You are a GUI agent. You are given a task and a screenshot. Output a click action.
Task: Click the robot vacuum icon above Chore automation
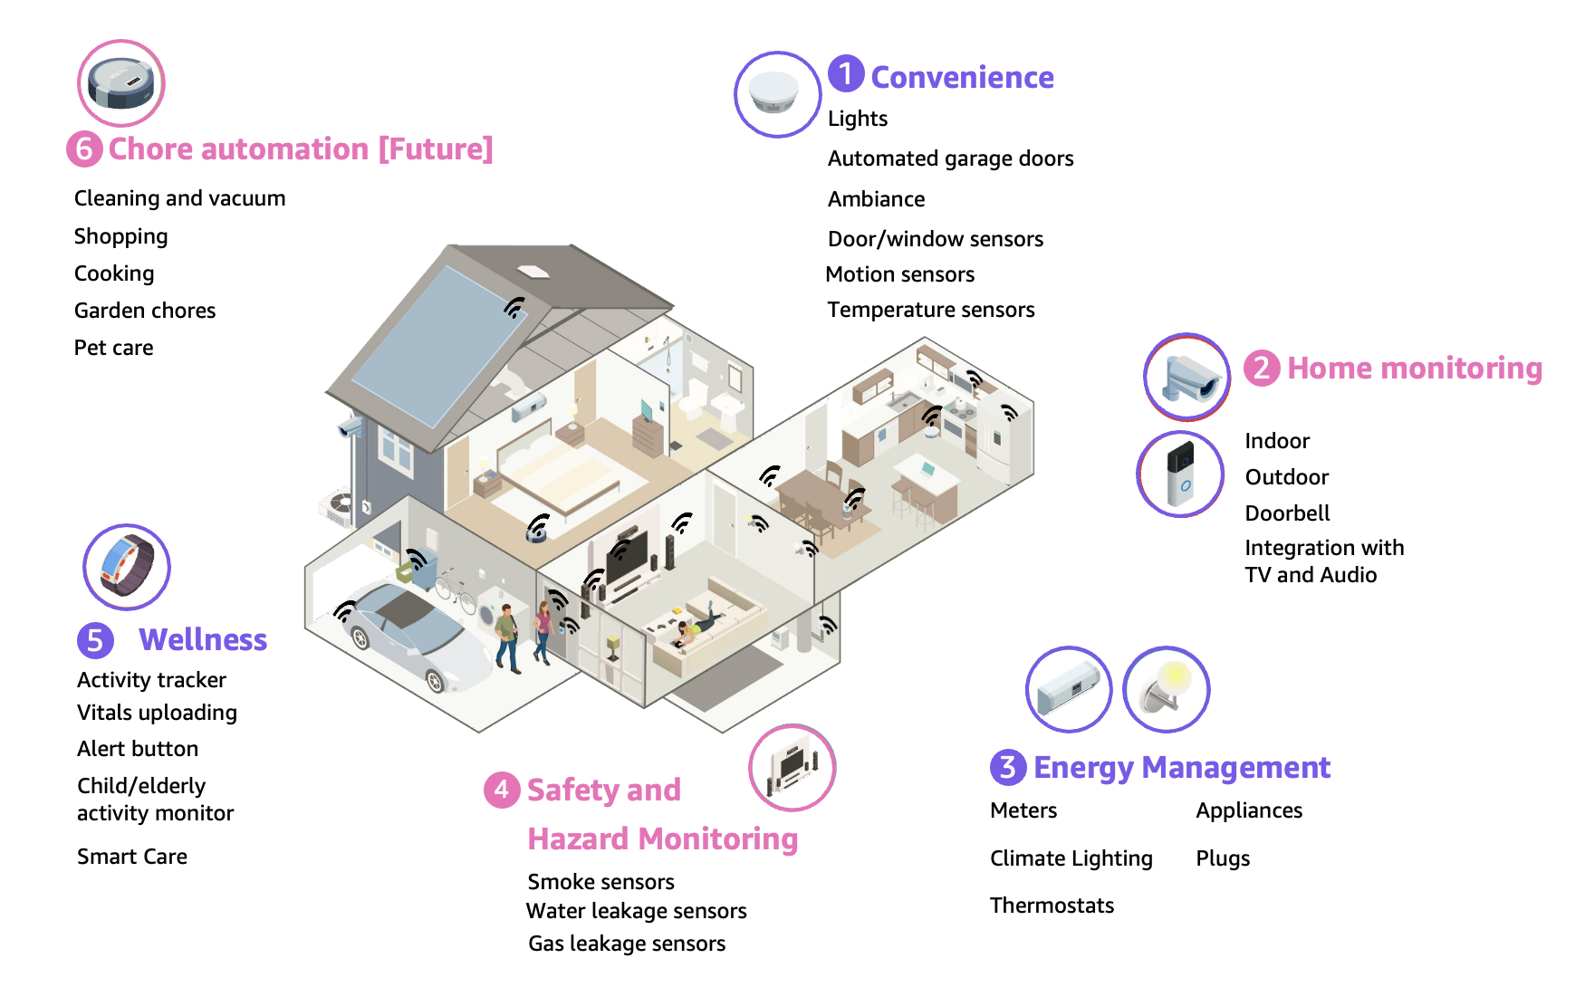pos(121,82)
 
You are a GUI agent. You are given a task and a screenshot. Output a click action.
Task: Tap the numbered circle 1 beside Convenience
pos(846,73)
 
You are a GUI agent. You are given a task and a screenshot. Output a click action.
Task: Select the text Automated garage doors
pos(950,158)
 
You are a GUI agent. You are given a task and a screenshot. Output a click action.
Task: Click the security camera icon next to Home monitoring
pos(1186,377)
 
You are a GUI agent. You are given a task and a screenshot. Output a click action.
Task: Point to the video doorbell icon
pos(1180,474)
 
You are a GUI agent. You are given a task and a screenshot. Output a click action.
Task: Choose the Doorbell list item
pos(1287,513)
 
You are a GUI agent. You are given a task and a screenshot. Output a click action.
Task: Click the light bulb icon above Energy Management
pos(1167,689)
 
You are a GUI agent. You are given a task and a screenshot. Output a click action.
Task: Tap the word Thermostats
pos(1052,906)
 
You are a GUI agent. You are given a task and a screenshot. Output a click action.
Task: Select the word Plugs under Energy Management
pos(1222,858)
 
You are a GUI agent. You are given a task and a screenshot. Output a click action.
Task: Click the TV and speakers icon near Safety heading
pos(792,768)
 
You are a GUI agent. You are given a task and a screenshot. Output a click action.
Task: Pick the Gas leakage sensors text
pos(627,944)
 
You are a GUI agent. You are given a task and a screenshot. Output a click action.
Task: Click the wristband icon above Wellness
pos(127,567)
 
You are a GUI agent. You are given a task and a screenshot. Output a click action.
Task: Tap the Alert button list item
pos(138,749)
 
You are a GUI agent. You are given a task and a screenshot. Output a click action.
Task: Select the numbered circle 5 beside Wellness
pos(95,640)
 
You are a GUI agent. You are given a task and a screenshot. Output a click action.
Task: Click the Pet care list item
pos(113,348)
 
